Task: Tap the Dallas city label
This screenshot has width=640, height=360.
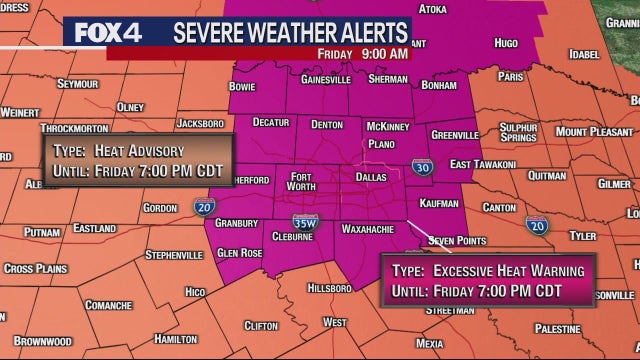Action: click(369, 176)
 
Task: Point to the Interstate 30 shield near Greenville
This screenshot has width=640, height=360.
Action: click(423, 168)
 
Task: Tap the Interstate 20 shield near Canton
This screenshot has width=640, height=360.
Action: click(538, 227)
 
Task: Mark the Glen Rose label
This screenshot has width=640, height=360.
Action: click(240, 253)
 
